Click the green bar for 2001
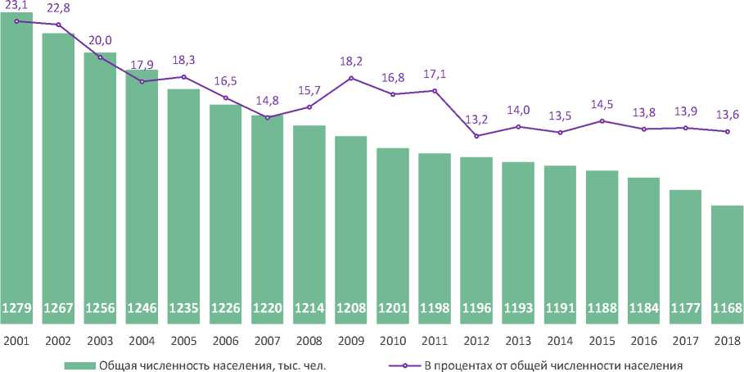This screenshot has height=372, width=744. tap(16, 164)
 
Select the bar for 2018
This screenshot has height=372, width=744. tap(727, 262)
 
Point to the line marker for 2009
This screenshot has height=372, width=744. tap(351, 78)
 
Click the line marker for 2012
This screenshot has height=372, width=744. tap(476, 136)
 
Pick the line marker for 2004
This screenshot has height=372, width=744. tap(142, 82)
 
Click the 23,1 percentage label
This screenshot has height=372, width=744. tap(16, 7)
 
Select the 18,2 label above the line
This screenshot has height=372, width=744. tap(349, 61)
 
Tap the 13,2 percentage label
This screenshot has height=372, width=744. tap(476, 120)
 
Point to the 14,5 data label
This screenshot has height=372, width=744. tap(602, 105)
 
